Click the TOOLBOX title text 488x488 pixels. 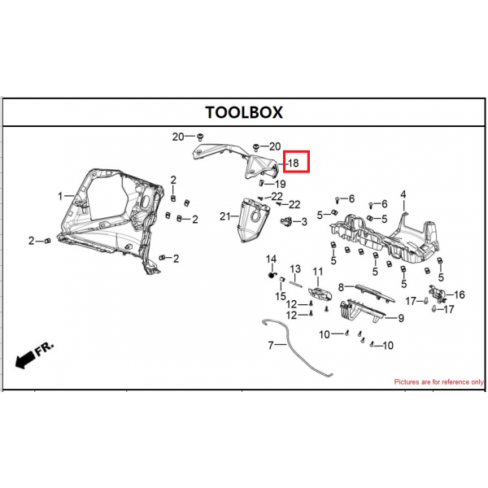point(244,112)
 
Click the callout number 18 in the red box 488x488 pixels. point(294,163)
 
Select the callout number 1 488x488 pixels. point(60,196)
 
